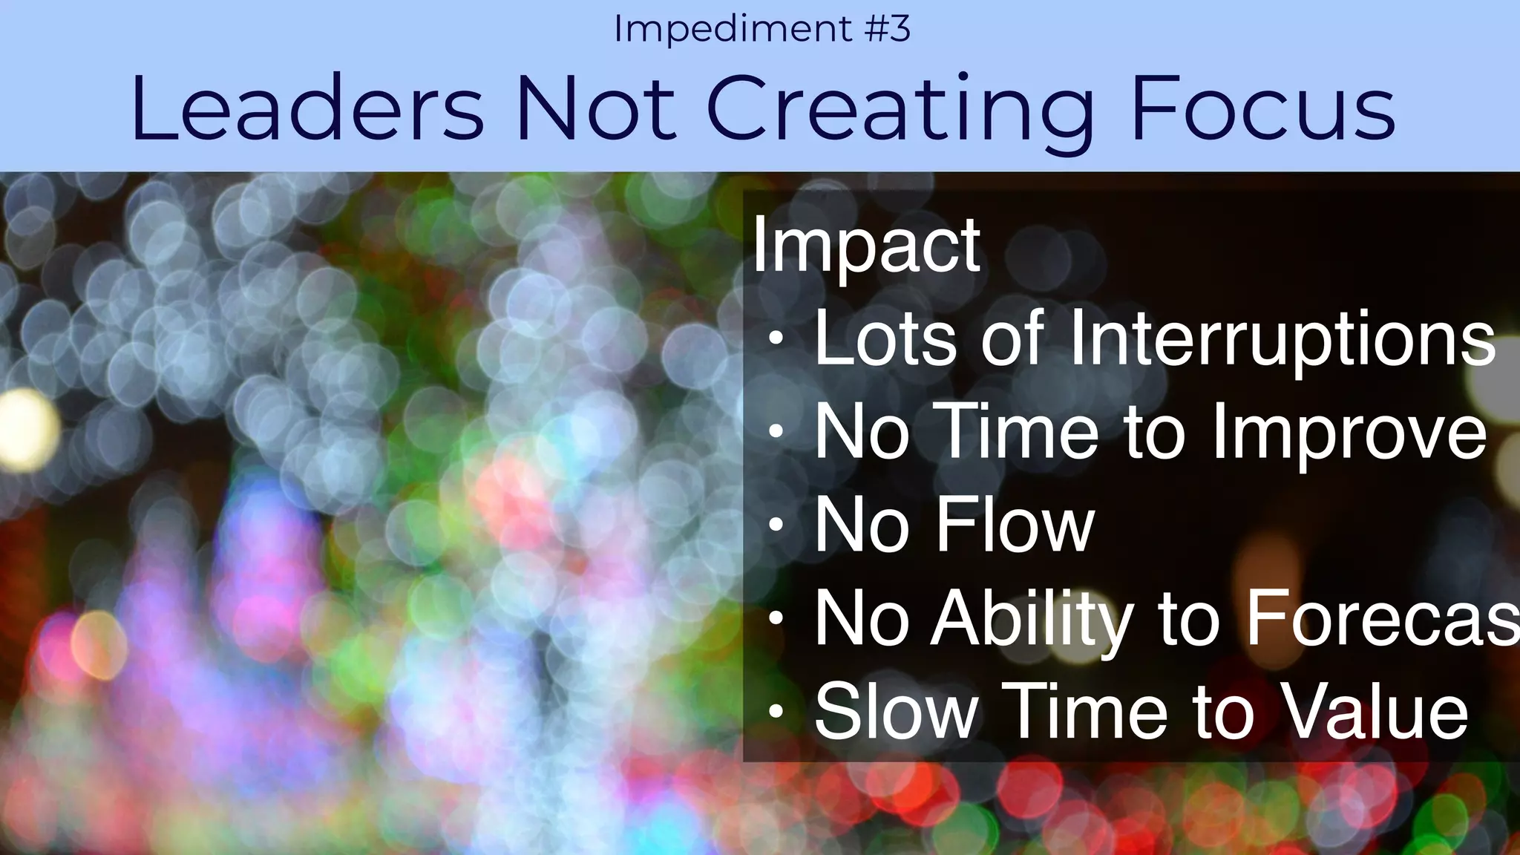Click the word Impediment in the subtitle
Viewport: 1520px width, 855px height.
tap(733, 30)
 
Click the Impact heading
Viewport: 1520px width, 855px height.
tap(866, 246)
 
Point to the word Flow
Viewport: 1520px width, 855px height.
tap(1015, 525)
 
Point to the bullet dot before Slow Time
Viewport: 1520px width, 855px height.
tap(776, 712)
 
